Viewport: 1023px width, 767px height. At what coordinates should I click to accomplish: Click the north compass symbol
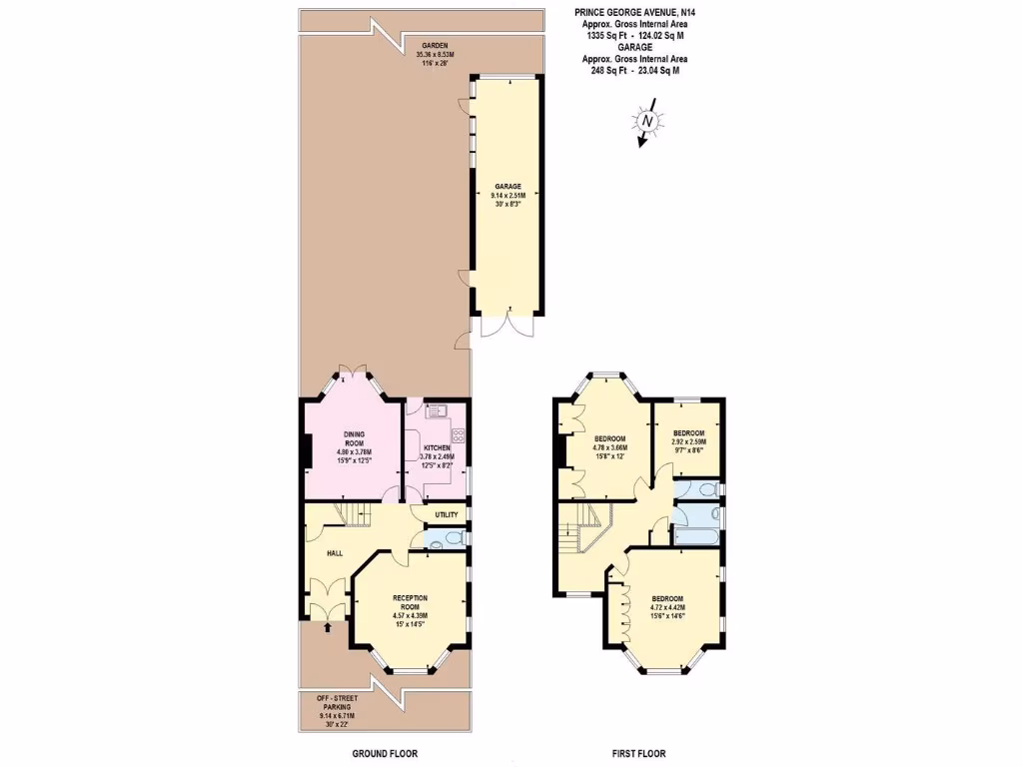click(648, 122)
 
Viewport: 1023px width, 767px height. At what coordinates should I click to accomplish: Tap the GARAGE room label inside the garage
click(509, 186)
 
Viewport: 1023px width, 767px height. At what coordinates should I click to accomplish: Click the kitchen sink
click(435, 409)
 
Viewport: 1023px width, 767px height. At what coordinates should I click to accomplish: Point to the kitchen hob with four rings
click(459, 434)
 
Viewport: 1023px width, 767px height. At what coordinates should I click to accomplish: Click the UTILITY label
click(447, 515)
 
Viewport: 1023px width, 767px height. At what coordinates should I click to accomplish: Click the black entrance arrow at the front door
click(328, 628)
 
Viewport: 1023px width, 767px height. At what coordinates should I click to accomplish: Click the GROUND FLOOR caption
click(385, 754)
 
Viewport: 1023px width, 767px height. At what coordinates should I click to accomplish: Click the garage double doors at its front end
click(508, 328)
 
